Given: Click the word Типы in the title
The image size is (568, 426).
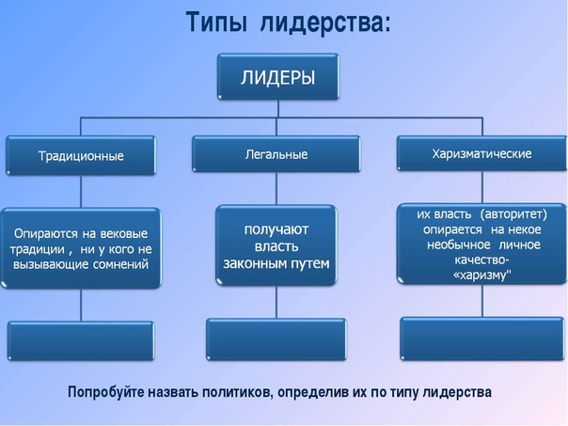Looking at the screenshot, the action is click(x=216, y=23).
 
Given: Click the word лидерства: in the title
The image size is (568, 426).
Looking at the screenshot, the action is click(x=325, y=24).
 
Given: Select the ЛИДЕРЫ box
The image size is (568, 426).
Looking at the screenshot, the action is click(x=278, y=76).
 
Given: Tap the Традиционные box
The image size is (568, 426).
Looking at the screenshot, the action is click(x=81, y=155).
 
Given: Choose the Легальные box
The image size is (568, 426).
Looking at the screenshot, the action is click(x=276, y=154).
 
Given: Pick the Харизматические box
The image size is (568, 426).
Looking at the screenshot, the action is click(x=481, y=153).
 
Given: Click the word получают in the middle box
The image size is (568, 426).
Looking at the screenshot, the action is click(x=276, y=229).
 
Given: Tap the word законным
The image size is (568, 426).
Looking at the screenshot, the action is click(x=250, y=263).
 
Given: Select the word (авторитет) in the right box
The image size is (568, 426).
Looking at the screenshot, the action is click(x=513, y=214).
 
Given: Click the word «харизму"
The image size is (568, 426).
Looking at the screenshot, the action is click(x=481, y=275).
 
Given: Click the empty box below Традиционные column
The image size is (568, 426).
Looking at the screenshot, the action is click(x=81, y=340).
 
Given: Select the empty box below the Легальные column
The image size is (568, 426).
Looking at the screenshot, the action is click(x=276, y=339).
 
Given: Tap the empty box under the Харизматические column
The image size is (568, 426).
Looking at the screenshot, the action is click(x=482, y=339).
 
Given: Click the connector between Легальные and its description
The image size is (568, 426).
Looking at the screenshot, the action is click(x=276, y=189).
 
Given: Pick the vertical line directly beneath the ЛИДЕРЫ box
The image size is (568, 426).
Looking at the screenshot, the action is click(x=278, y=108).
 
